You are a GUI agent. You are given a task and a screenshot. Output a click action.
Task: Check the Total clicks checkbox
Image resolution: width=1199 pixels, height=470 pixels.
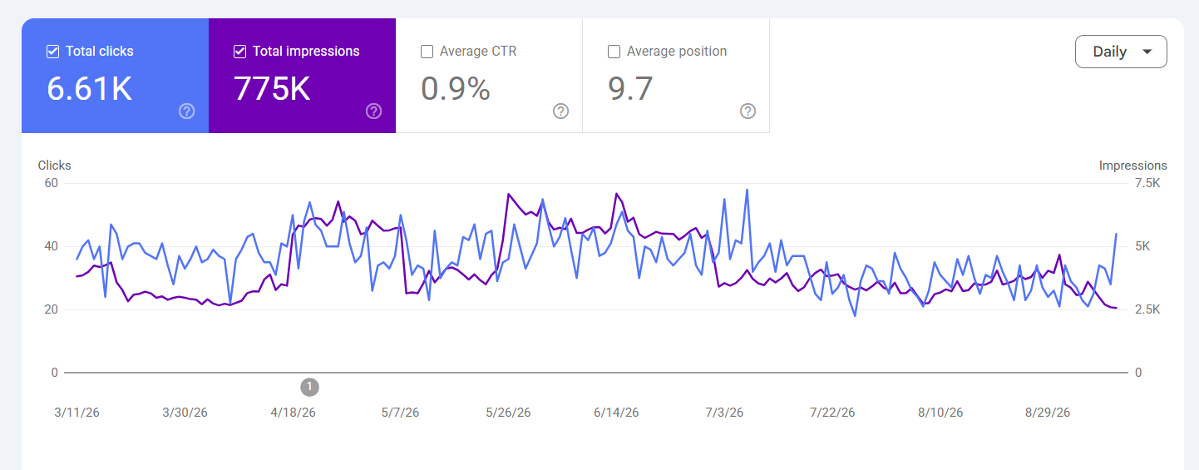[52, 52]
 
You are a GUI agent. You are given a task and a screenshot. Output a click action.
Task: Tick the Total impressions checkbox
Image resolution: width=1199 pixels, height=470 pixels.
[239, 52]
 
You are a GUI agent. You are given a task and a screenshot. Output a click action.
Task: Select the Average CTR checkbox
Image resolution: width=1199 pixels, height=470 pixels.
[427, 52]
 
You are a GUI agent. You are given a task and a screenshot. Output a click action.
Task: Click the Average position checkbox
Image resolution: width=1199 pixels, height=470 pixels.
[614, 52]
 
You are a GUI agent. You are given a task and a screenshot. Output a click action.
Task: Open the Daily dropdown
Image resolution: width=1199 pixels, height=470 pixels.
[1121, 52]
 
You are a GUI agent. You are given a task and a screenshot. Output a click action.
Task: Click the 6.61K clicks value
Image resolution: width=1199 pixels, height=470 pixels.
[90, 89]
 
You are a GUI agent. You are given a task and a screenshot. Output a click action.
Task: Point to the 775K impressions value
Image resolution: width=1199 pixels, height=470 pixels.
[272, 89]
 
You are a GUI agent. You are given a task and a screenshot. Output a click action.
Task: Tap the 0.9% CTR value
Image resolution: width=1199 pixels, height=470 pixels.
[456, 89]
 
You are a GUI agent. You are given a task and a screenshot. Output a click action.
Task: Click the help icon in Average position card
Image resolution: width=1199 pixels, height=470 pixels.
[748, 111]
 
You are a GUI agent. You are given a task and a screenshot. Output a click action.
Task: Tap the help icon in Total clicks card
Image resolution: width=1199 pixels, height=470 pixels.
[187, 111]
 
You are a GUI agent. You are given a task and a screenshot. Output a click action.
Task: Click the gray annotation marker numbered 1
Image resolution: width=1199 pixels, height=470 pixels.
[309, 387]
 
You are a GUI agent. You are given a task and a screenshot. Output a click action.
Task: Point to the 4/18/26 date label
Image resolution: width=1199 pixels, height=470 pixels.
[293, 413]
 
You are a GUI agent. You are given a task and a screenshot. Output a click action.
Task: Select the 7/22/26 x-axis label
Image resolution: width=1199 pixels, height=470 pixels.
[832, 413]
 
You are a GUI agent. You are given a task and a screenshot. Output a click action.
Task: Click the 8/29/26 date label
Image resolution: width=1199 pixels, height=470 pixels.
[1048, 413]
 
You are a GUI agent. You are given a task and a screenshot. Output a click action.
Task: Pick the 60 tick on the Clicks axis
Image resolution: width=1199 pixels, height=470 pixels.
[52, 183]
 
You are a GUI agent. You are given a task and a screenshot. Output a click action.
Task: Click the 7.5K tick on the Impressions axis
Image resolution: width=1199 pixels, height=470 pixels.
[1147, 183]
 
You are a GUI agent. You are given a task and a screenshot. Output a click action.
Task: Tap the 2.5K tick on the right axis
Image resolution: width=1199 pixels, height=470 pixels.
[1147, 309]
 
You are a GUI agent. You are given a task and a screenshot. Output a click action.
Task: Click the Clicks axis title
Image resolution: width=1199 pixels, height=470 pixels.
[55, 166]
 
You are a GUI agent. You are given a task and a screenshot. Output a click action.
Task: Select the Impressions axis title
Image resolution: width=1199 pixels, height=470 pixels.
[1133, 166]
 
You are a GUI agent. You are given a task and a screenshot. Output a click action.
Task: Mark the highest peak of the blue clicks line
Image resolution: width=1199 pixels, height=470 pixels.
[748, 190]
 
